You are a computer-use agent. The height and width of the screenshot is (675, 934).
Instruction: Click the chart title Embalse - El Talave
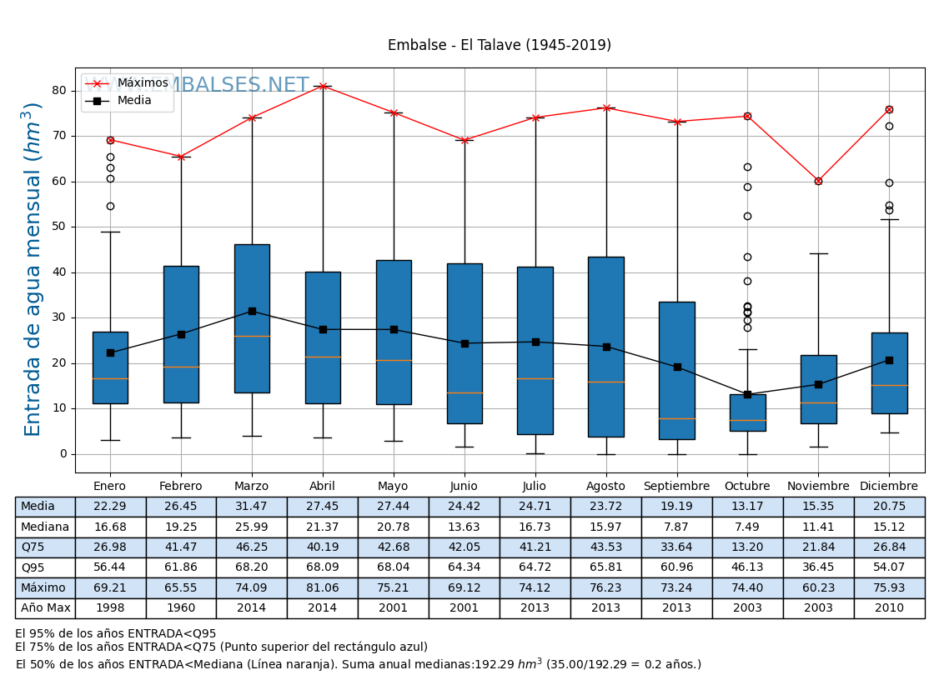499,45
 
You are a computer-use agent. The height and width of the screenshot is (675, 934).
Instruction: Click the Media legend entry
134,101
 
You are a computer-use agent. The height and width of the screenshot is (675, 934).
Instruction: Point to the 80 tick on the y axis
60,91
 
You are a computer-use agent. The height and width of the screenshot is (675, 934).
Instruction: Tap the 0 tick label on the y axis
63,454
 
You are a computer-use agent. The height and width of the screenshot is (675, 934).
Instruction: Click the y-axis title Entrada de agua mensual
33,268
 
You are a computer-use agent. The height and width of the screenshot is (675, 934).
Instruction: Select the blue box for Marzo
252,318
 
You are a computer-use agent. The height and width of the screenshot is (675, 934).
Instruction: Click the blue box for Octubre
747,412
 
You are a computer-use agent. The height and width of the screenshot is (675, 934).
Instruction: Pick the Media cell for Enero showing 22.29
110,507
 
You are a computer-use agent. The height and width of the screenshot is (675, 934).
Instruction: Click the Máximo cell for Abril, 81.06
323,588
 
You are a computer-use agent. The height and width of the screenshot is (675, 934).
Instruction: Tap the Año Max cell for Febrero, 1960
181,608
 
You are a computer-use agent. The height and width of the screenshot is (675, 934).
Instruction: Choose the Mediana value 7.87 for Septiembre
676,527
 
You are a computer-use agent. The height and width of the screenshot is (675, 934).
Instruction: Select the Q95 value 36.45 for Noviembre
818,567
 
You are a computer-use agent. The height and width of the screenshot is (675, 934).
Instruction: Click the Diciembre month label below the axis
889,487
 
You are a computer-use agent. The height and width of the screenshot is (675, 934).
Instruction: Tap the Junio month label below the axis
464,487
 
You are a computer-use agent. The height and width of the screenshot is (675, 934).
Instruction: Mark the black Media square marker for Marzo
252,311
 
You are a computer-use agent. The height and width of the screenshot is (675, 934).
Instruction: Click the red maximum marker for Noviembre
818,181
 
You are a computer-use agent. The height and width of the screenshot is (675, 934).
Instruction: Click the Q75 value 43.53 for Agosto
605,547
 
